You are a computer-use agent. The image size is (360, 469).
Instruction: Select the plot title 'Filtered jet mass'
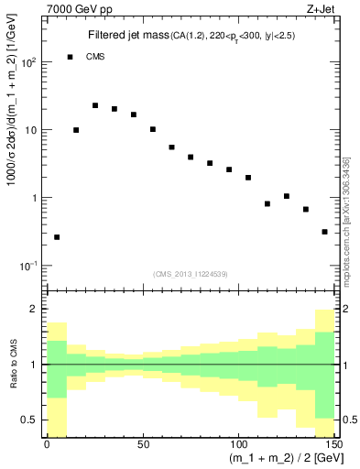click(x=129, y=36)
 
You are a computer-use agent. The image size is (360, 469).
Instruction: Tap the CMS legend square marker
click(x=71, y=57)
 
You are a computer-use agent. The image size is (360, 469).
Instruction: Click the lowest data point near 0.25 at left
click(x=57, y=237)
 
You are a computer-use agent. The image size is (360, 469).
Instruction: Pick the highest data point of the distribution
click(x=95, y=105)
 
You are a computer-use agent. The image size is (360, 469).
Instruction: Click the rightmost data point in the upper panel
click(x=325, y=232)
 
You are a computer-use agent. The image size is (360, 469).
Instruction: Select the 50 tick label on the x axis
click(x=143, y=443)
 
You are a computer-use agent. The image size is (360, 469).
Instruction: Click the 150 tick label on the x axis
click(x=333, y=443)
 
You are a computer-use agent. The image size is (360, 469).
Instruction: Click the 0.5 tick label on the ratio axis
click(x=27, y=420)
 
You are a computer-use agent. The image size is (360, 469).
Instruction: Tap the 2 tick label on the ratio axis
click(x=33, y=310)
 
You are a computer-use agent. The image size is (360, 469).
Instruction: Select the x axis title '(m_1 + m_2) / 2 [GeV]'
click(x=275, y=459)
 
